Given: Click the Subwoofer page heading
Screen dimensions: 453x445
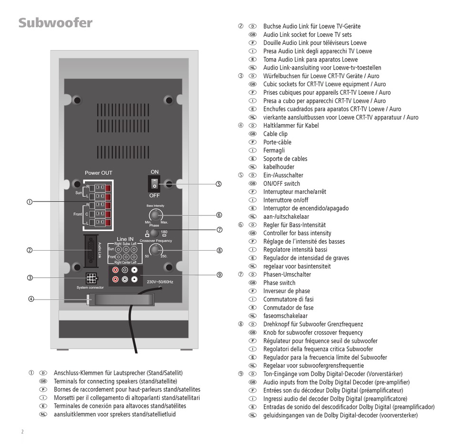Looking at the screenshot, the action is [x=55, y=23].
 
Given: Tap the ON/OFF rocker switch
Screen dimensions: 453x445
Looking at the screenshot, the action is [x=154, y=183].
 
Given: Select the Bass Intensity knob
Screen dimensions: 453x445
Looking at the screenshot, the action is [x=156, y=215].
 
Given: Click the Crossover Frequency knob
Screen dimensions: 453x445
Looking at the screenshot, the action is [x=156, y=250].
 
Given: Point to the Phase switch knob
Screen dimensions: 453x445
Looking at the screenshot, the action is [x=154, y=233].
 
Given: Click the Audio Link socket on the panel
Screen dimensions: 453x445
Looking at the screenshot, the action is [x=91, y=251].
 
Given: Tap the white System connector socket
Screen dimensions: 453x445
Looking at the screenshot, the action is [x=91, y=279].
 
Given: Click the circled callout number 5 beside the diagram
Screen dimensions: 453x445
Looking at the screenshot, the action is [x=219, y=184].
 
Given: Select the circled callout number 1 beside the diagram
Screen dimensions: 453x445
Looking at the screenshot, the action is [x=30, y=202].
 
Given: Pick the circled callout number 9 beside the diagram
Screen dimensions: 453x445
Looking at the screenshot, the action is [x=219, y=275].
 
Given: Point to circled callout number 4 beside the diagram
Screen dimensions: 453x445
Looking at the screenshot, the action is [x=31, y=299].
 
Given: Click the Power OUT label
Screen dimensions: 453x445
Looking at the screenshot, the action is [x=99, y=173].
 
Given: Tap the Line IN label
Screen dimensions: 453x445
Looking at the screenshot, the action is [x=125, y=239].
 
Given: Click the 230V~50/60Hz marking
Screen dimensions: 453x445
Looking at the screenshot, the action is [x=160, y=282].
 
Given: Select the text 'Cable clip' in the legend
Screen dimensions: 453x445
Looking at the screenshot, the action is [x=275, y=134].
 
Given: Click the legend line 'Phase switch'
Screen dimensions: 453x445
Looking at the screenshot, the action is [x=279, y=283].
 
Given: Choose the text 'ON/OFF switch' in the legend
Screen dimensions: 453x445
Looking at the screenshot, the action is [x=282, y=183].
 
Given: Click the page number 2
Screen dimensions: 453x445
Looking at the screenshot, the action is [x=22, y=432].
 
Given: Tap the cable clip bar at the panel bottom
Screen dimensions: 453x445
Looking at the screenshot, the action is [x=121, y=299].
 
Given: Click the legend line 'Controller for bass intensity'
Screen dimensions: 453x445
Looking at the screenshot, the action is [x=297, y=233].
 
